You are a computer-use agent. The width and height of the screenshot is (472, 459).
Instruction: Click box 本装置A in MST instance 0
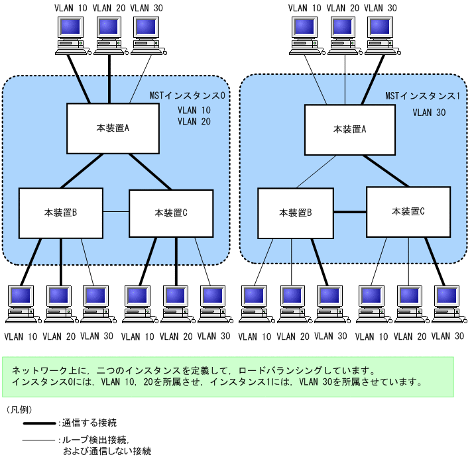tap(113, 128)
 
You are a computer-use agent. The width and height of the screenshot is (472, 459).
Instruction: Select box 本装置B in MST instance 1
tap(295, 213)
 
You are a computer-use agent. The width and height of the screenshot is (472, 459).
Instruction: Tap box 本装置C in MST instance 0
tap(171, 213)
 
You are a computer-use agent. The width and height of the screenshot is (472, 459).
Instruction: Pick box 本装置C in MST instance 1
tap(408, 211)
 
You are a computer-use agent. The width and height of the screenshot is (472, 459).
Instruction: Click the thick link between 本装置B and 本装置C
tap(349, 212)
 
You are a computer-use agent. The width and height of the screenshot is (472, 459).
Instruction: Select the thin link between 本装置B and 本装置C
tap(116, 212)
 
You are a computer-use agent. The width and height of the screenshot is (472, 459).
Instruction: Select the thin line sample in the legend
tap(39, 439)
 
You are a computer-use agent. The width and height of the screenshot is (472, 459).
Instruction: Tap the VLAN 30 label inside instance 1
tap(428, 113)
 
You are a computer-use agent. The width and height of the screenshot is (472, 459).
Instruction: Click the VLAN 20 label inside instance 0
tap(194, 122)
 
